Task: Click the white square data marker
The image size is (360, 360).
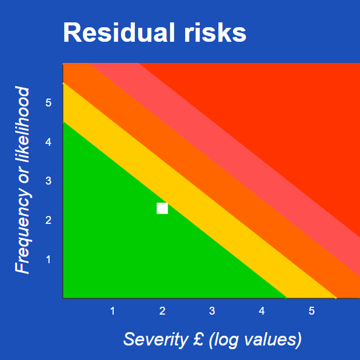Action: (x=162, y=208)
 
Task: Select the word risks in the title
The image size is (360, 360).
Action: (x=215, y=33)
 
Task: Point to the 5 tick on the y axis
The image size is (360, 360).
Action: (x=48, y=102)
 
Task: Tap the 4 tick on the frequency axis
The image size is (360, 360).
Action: (x=48, y=142)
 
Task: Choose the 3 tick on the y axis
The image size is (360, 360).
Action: (x=48, y=181)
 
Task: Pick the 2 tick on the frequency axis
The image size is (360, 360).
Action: (x=48, y=220)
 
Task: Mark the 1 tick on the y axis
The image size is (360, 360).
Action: (x=48, y=260)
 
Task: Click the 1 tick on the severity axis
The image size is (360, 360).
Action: (x=113, y=311)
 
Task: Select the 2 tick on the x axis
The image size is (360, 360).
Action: (x=162, y=311)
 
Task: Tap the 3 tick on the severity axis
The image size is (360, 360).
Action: (x=212, y=311)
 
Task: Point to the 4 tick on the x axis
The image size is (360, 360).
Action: (x=262, y=311)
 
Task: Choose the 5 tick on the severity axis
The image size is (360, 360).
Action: (x=312, y=311)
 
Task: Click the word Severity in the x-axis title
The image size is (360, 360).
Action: (x=155, y=339)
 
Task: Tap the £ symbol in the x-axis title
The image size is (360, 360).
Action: (x=198, y=339)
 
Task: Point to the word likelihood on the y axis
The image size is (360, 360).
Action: (x=22, y=125)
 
